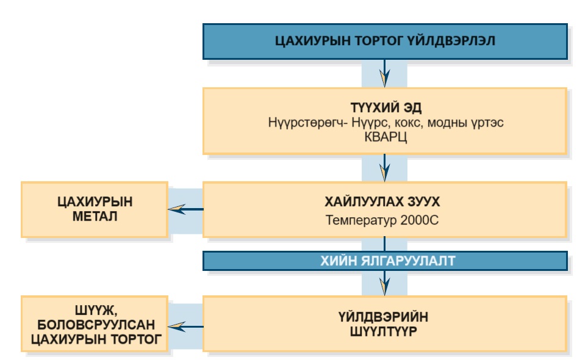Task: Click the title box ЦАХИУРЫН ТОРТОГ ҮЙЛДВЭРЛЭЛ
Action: (385, 41)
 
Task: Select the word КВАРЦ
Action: (385, 135)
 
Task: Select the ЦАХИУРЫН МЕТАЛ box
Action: (95, 209)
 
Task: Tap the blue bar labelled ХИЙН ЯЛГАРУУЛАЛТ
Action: (385, 261)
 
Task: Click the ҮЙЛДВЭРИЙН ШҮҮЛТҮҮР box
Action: (385, 323)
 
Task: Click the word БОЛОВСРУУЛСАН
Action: (95, 324)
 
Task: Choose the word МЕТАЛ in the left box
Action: (95, 217)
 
